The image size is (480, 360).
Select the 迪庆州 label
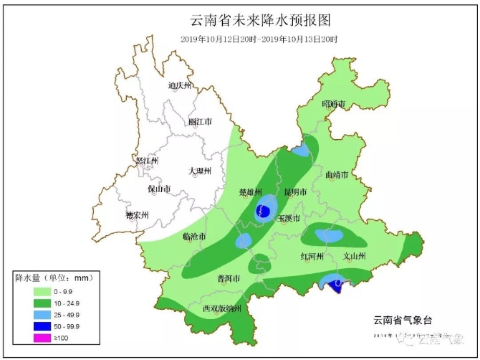[x=180, y=86]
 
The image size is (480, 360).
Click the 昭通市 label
[x=334, y=105]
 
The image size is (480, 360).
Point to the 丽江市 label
[x=200, y=123]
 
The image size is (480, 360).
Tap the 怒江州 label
[x=147, y=161]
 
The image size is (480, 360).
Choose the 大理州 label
[x=200, y=171]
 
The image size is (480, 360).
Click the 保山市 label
[x=159, y=189]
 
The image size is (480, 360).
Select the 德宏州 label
[x=136, y=215]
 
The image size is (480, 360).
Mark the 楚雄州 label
[x=251, y=193]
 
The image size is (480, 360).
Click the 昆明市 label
[x=295, y=192]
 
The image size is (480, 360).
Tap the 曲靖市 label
[x=337, y=175]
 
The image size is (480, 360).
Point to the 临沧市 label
[x=195, y=237]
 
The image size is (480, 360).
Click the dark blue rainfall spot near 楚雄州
[x=263, y=212]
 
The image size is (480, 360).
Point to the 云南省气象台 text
[x=403, y=320]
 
